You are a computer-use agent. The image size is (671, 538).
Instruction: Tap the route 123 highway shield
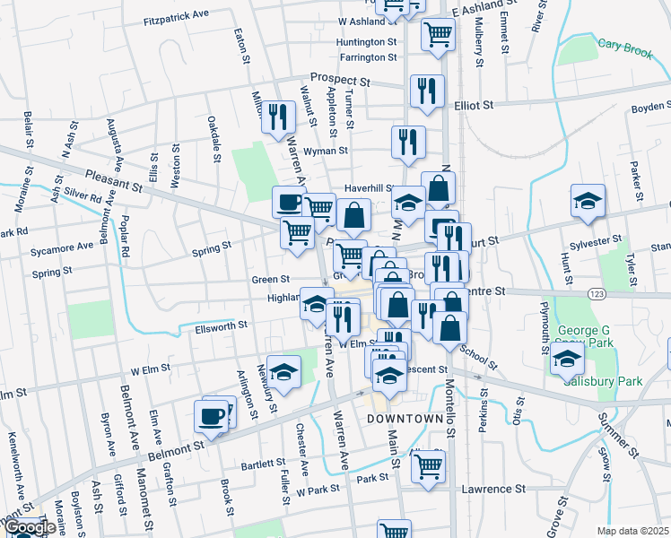(x=596, y=294)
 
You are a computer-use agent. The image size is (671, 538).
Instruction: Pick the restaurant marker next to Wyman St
(x=408, y=142)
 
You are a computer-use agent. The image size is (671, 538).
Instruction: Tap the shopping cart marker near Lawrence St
(x=429, y=464)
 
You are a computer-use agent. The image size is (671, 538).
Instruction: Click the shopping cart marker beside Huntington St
(x=438, y=34)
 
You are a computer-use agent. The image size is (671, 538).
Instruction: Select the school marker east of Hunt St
(x=588, y=201)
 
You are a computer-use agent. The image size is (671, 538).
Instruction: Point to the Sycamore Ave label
(x=62, y=246)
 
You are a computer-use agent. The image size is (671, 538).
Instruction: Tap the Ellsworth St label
(x=220, y=328)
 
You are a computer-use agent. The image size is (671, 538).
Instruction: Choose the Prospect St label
(x=341, y=78)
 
